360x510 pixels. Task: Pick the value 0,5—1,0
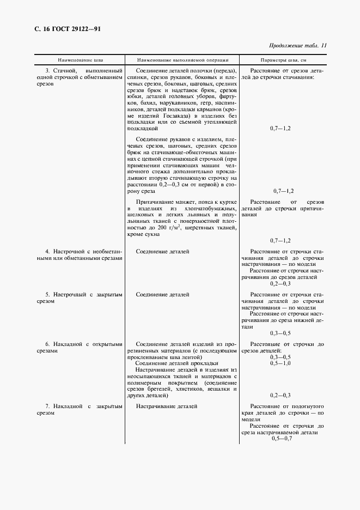tap(280, 363)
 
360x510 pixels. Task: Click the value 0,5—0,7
tap(282, 439)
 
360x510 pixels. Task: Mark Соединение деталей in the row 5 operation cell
tap(163, 294)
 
